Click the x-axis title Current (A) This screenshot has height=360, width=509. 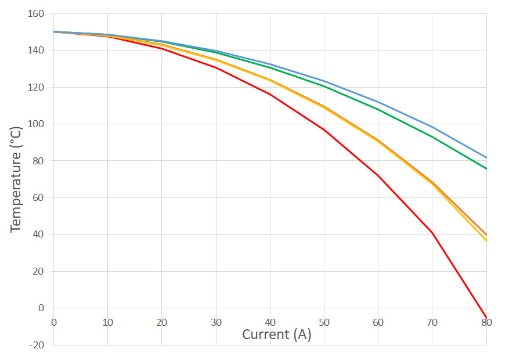point(276,334)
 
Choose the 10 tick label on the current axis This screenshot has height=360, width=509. point(108,322)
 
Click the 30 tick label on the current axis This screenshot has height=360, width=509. point(216,322)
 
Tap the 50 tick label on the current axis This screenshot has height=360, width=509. point(324,322)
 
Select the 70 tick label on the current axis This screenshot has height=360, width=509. point(432,322)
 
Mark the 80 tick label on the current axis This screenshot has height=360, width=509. point(486,322)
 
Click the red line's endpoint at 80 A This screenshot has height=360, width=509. point(486,317)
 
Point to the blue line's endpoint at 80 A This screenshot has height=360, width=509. point(486,157)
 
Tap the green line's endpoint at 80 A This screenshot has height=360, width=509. point(486,168)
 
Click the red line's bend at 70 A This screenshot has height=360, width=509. point(432,232)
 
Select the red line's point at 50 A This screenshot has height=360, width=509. point(324,129)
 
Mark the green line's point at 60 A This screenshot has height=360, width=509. point(378,109)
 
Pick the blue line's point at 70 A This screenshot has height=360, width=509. point(432,127)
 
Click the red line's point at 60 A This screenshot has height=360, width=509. point(378,175)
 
